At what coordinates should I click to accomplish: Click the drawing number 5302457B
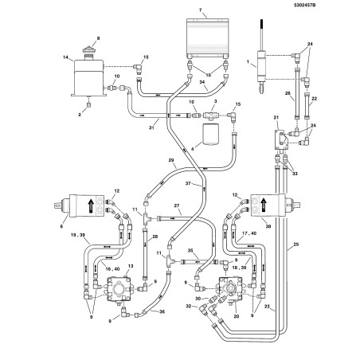tap(304, 5)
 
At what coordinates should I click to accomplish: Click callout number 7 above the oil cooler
tap(200, 10)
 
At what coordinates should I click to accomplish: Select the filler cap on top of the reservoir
tap(89, 50)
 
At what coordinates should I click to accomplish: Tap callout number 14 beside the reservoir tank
tap(65, 57)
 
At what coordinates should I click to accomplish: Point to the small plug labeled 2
tap(89, 105)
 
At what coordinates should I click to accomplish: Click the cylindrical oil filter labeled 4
tap(210, 135)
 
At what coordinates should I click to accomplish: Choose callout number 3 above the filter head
tap(215, 101)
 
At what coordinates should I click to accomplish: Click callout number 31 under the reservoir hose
tap(151, 127)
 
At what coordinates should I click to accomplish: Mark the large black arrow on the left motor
tap(91, 205)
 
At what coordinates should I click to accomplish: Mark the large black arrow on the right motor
tap(264, 205)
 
